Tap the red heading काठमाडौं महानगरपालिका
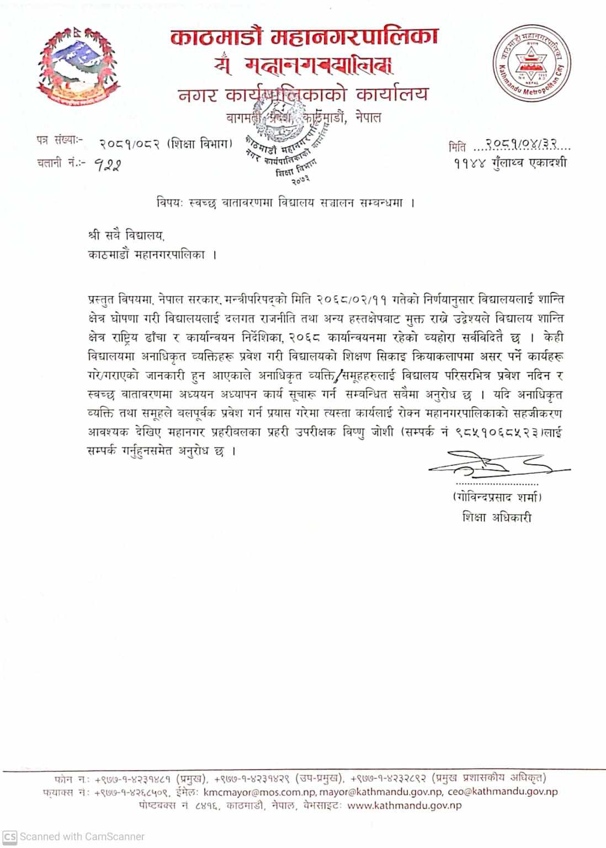point(304,37)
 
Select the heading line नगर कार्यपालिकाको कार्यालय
point(303,94)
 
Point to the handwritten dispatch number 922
point(107,165)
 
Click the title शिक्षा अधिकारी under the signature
point(497,517)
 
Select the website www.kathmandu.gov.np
point(405,805)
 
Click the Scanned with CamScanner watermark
point(75,836)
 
